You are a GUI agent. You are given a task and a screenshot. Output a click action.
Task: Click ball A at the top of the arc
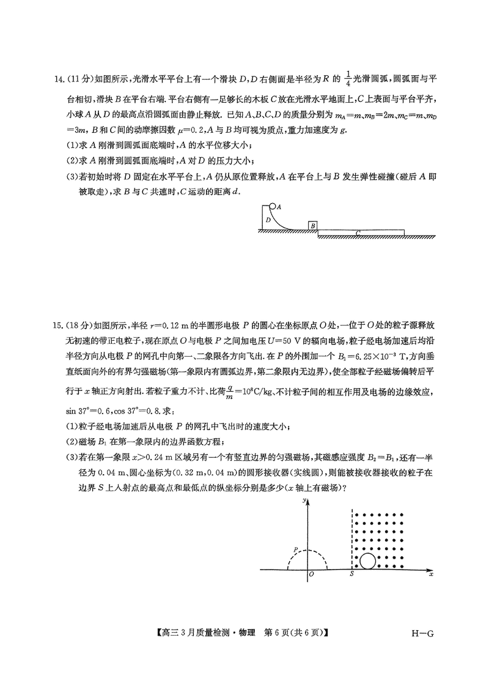coord(273,207)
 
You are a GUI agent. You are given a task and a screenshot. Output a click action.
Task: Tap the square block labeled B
coord(313,226)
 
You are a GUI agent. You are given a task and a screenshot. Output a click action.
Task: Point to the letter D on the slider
coord(267,219)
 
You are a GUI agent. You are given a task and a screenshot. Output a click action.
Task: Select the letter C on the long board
coord(358,233)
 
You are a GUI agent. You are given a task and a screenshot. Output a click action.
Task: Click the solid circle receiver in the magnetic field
coord(367,561)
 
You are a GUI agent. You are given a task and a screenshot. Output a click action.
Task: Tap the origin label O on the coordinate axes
coord(311,575)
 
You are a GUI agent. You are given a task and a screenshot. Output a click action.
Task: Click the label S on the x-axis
coord(351,575)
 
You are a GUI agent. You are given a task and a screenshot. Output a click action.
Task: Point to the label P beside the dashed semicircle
coord(295,550)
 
